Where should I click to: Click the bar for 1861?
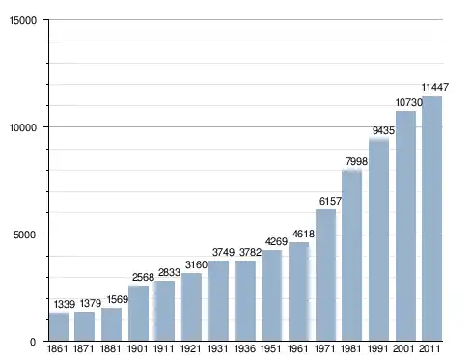[59, 326]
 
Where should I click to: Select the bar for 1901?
[138, 313]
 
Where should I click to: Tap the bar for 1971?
[325, 275]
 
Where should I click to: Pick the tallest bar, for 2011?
[431, 218]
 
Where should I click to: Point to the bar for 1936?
[245, 300]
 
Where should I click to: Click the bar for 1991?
[378, 240]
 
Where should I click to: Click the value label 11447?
[435, 87]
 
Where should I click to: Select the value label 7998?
[356, 161]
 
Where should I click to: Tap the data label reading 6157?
[330, 201]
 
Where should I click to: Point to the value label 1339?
[65, 304]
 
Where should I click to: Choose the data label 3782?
[250, 252]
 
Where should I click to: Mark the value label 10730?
[408, 102]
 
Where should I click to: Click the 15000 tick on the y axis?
[23, 20]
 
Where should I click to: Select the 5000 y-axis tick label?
[24, 235]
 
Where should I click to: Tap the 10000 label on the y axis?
[23, 127]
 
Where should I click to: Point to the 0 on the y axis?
[33, 342]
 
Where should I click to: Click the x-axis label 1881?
[110, 348]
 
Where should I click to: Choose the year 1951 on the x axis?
[270, 348]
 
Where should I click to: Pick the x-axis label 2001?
[403, 348]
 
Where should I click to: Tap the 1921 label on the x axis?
[190, 348]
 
